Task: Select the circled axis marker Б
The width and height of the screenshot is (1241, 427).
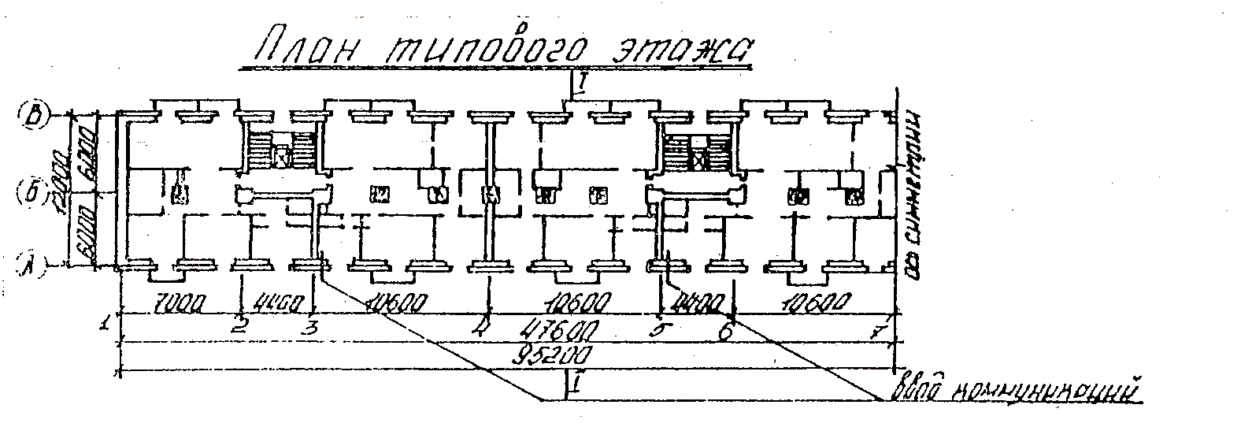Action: [32, 191]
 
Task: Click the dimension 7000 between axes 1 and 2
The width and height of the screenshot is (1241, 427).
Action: [180, 303]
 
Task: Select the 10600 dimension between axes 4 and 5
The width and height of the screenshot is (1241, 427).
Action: [571, 303]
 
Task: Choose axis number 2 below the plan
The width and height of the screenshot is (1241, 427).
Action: [241, 326]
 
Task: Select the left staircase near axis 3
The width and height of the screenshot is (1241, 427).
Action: [281, 150]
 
